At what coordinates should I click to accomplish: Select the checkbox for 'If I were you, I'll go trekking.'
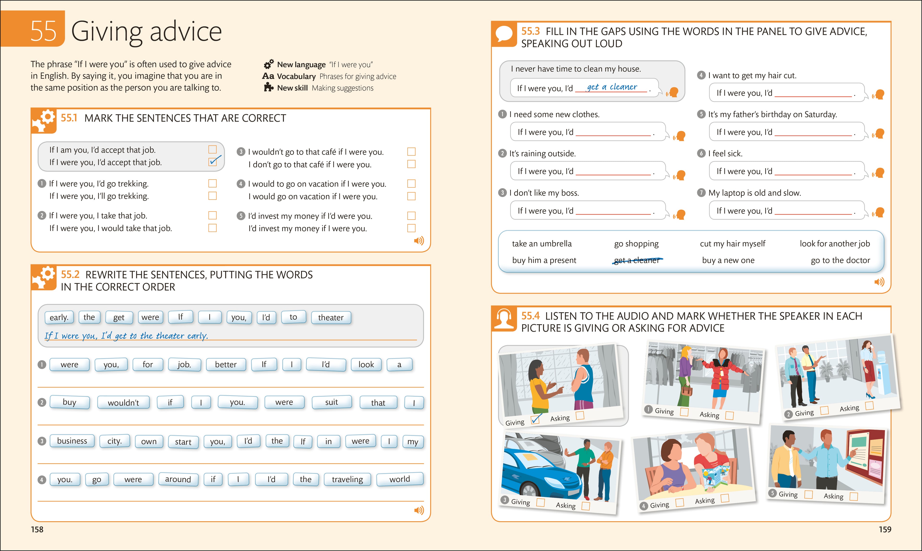click(x=212, y=196)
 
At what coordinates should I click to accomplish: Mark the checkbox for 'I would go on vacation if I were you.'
click(x=411, y=196)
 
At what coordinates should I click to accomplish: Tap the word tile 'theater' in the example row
click(x=331, y=317)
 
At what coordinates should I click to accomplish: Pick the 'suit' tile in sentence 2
click(x=331, y=402)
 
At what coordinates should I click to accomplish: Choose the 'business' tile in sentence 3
click(x=72, y=441)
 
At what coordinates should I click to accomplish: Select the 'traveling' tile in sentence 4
click(x=347, y=479)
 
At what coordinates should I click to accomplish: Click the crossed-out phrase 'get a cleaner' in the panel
click(x=636, y=260)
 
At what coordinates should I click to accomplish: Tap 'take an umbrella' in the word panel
click(x=542, y=244)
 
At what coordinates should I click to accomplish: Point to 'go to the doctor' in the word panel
click(x=840, y=260)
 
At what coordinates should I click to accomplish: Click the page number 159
click(x=885, y=529)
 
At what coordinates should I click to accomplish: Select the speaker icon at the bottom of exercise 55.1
click(x=419, y=241)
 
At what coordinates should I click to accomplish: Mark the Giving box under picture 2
click(x=824, y=410)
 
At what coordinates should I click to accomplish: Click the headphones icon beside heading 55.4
click(x=504, y=318)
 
